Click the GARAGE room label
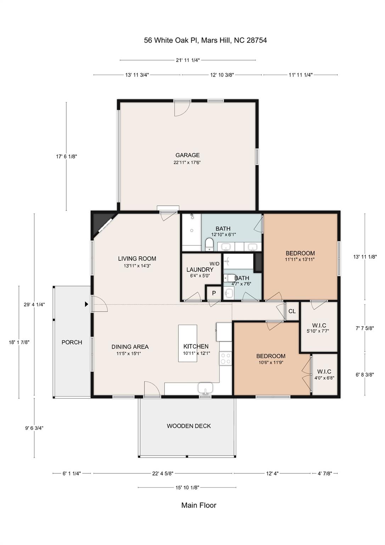coord(188,155)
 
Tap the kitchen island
coord(188,343)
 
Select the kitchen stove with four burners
coord(225,358)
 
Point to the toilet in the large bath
coord(209,244)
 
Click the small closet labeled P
coord(214,293)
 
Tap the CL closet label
coord(292,312)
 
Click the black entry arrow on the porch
coord(86,304)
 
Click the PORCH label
coord(72,342)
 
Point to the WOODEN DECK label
coord(189,426)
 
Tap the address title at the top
coord(205,40)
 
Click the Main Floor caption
coord(199,505)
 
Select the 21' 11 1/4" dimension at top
coord(188,60)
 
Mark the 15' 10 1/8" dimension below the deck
coord(187,488)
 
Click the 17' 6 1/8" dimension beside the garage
coord(66,156)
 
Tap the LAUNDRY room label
coord(200,270)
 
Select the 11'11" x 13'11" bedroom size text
coord(300,259)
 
